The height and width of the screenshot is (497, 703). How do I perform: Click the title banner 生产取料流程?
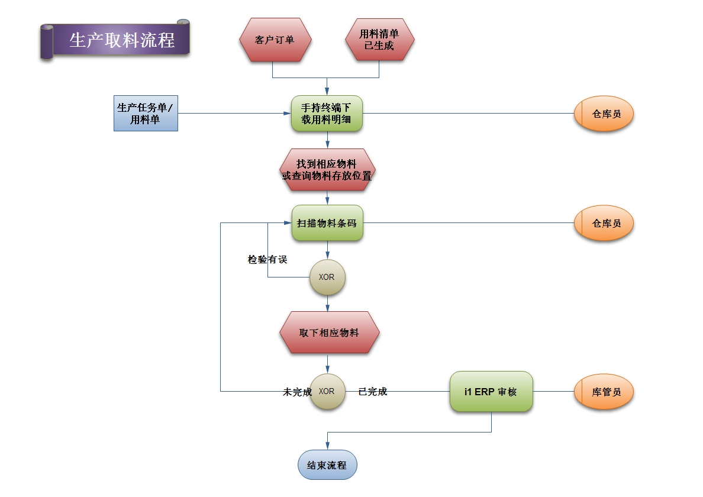pyautogui.click(x=122, y=40)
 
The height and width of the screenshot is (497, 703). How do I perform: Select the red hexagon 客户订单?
pyautogui.click(x=275, y=40)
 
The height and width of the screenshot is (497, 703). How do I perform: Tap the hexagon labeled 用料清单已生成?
pyautogui.click(x=379, y=40)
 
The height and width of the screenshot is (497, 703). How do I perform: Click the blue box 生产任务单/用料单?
pyautogui.click(x=146, y=113)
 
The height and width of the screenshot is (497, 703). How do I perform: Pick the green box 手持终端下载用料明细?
pyautogui.click(x=327, y=113)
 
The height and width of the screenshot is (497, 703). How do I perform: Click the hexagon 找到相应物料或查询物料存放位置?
pyautogui.click(x=327, y=169)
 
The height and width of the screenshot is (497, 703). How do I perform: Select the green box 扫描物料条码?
pyautogui.click(x=327, y=223)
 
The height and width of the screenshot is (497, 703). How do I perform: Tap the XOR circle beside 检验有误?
pyautogui.click(x=327, y=277)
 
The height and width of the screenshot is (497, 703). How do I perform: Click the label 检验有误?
pyautogui.click(x=267, y=259)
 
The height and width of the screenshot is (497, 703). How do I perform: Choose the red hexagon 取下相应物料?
pyautogui.click(x=329, y=333)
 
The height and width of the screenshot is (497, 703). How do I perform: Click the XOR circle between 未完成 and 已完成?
pyautogui.click(x=327, y=391)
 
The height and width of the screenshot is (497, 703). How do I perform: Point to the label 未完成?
pyautogui.click(x=297, y=392)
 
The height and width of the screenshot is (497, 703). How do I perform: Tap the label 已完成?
pyautogui.click(x=373, y=391)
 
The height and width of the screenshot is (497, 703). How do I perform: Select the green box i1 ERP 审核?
pyautogui.click(x=491, y=392)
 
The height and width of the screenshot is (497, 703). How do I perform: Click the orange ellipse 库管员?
pyautogui.click(x=604, y=392)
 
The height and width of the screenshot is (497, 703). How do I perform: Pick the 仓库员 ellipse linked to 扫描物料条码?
pyautogui.click(x=604, y=223)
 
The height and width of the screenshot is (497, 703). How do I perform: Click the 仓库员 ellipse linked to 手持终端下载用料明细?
pyautogui.click(x=604, y=113)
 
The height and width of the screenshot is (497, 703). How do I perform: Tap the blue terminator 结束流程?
pyautogui.click(x=327, y=465)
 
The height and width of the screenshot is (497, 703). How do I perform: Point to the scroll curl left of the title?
pyautogui.click(x=47, y=41)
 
